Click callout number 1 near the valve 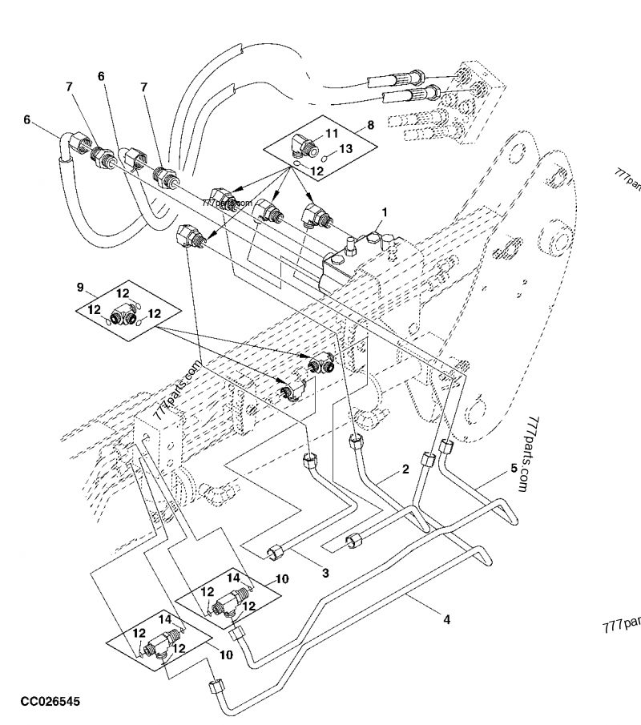[385, 212]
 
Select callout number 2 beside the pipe [405, 468]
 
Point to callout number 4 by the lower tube [445, 619]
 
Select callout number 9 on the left [80, 287]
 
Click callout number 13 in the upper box [345, 149]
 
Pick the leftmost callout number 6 [27, 120]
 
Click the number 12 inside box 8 [316, 171]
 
